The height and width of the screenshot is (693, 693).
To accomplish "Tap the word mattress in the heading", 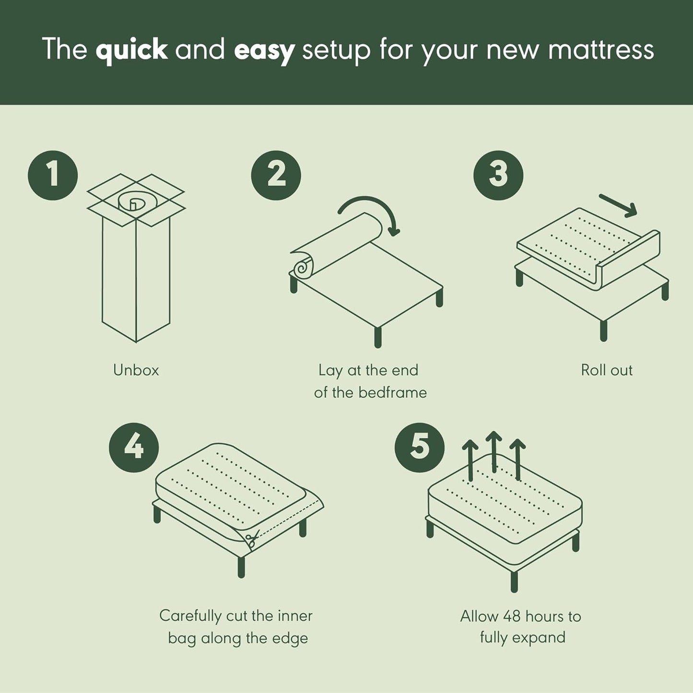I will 601,49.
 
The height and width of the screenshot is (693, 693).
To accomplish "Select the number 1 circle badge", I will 53,175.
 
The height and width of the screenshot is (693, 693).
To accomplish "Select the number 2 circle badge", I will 276,175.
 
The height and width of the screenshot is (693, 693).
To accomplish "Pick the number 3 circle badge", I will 498,175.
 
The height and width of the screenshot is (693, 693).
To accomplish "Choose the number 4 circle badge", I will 134,447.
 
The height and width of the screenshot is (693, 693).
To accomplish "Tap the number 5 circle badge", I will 420,447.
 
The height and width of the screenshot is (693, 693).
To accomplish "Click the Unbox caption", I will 136,370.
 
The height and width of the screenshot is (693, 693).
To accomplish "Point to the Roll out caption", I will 607,370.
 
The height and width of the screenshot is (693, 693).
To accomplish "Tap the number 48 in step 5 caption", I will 512,616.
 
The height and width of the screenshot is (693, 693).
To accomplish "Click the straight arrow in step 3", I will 619,205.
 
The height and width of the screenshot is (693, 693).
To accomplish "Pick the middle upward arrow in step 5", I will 493,451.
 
